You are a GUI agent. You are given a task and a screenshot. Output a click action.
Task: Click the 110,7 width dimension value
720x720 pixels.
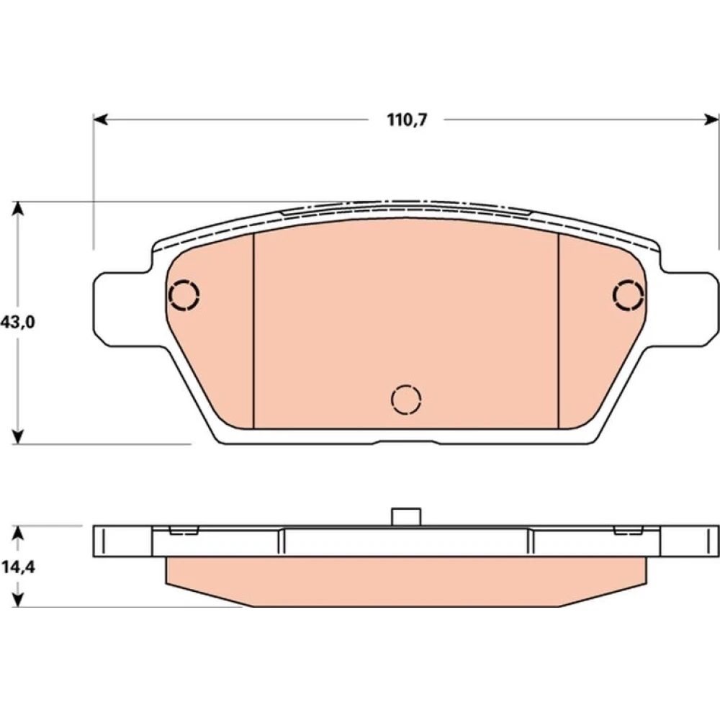pos(407,120)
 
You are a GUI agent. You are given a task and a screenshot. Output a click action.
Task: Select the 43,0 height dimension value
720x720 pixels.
pos(17,323)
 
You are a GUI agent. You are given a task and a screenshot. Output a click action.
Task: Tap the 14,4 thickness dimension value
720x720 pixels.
pos(18,567)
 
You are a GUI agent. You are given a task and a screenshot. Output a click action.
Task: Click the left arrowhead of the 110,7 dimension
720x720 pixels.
pos(101,120)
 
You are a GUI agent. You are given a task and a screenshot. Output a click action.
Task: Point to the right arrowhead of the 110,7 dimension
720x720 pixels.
pos(711,120)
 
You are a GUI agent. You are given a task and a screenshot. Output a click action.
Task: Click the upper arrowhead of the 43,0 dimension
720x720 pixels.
pos(17,209)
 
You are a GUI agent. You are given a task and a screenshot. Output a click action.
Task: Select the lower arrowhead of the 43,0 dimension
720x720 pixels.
pos(17,437)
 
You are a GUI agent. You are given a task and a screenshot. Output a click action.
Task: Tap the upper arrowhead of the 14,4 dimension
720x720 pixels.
pos(17,533)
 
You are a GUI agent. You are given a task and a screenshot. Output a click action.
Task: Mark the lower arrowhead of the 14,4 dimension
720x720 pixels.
pos(17,600)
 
